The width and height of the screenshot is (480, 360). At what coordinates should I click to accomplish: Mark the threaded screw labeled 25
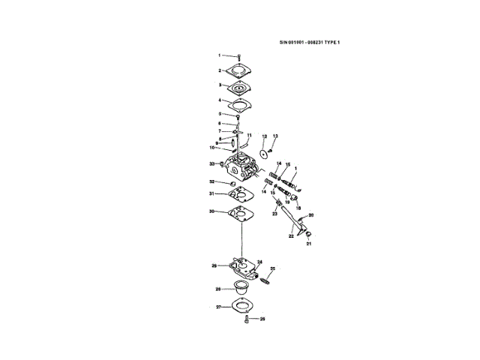(x=265, y=280)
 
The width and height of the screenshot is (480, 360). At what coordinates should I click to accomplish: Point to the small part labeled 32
(x=231, y=182)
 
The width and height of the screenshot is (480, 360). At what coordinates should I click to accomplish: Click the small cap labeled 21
(x=307, y=234)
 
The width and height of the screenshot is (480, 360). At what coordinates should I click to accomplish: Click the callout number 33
(x=212, y=163)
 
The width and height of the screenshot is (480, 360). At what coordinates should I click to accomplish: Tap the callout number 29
(x=214, y=265)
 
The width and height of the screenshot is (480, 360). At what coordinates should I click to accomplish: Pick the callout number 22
(x=291, y=235)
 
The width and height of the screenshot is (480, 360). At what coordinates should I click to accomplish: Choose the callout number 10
(x=213, y=148)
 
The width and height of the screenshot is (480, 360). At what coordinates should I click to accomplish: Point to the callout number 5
(x=220, y=114)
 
